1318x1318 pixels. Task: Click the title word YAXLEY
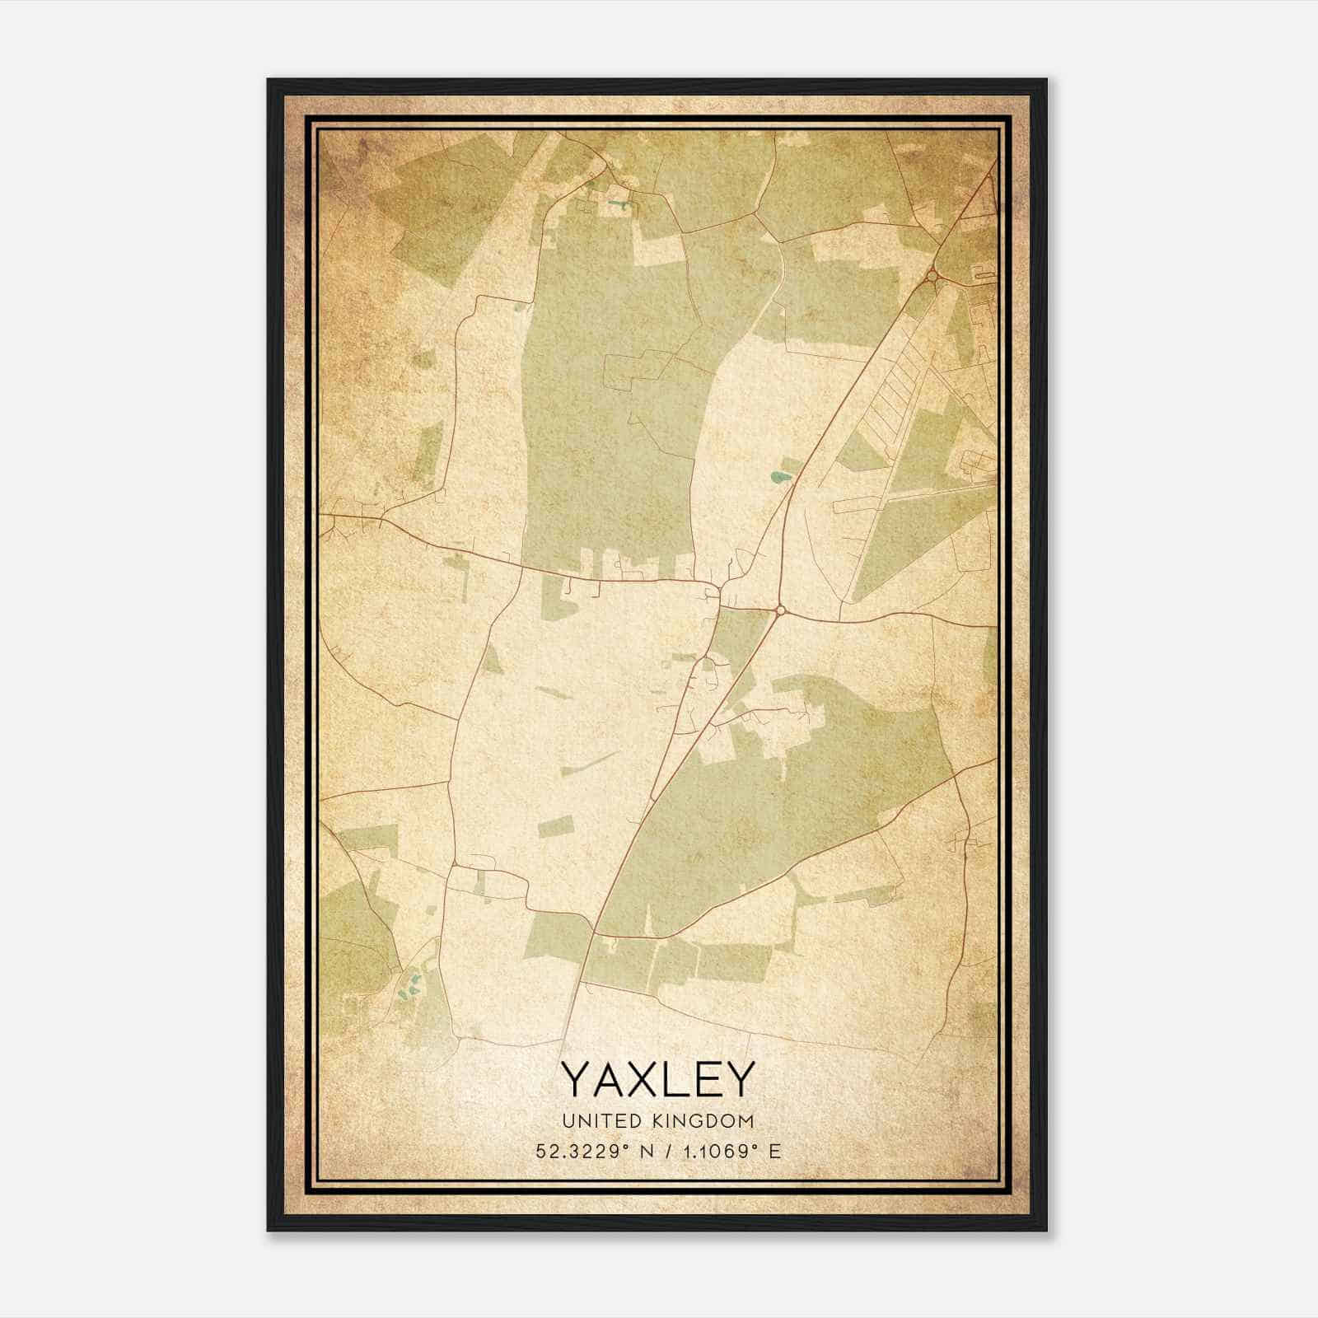click(x=657, y=1078)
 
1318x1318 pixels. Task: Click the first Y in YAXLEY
click(x=576, y=1078)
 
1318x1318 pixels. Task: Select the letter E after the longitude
click(x=774, y=1152)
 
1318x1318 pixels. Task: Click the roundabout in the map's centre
click(x=780, y=610)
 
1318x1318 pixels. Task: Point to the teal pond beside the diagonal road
click(x=777, y=476)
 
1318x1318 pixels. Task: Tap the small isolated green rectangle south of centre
click(x=556, y=826)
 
